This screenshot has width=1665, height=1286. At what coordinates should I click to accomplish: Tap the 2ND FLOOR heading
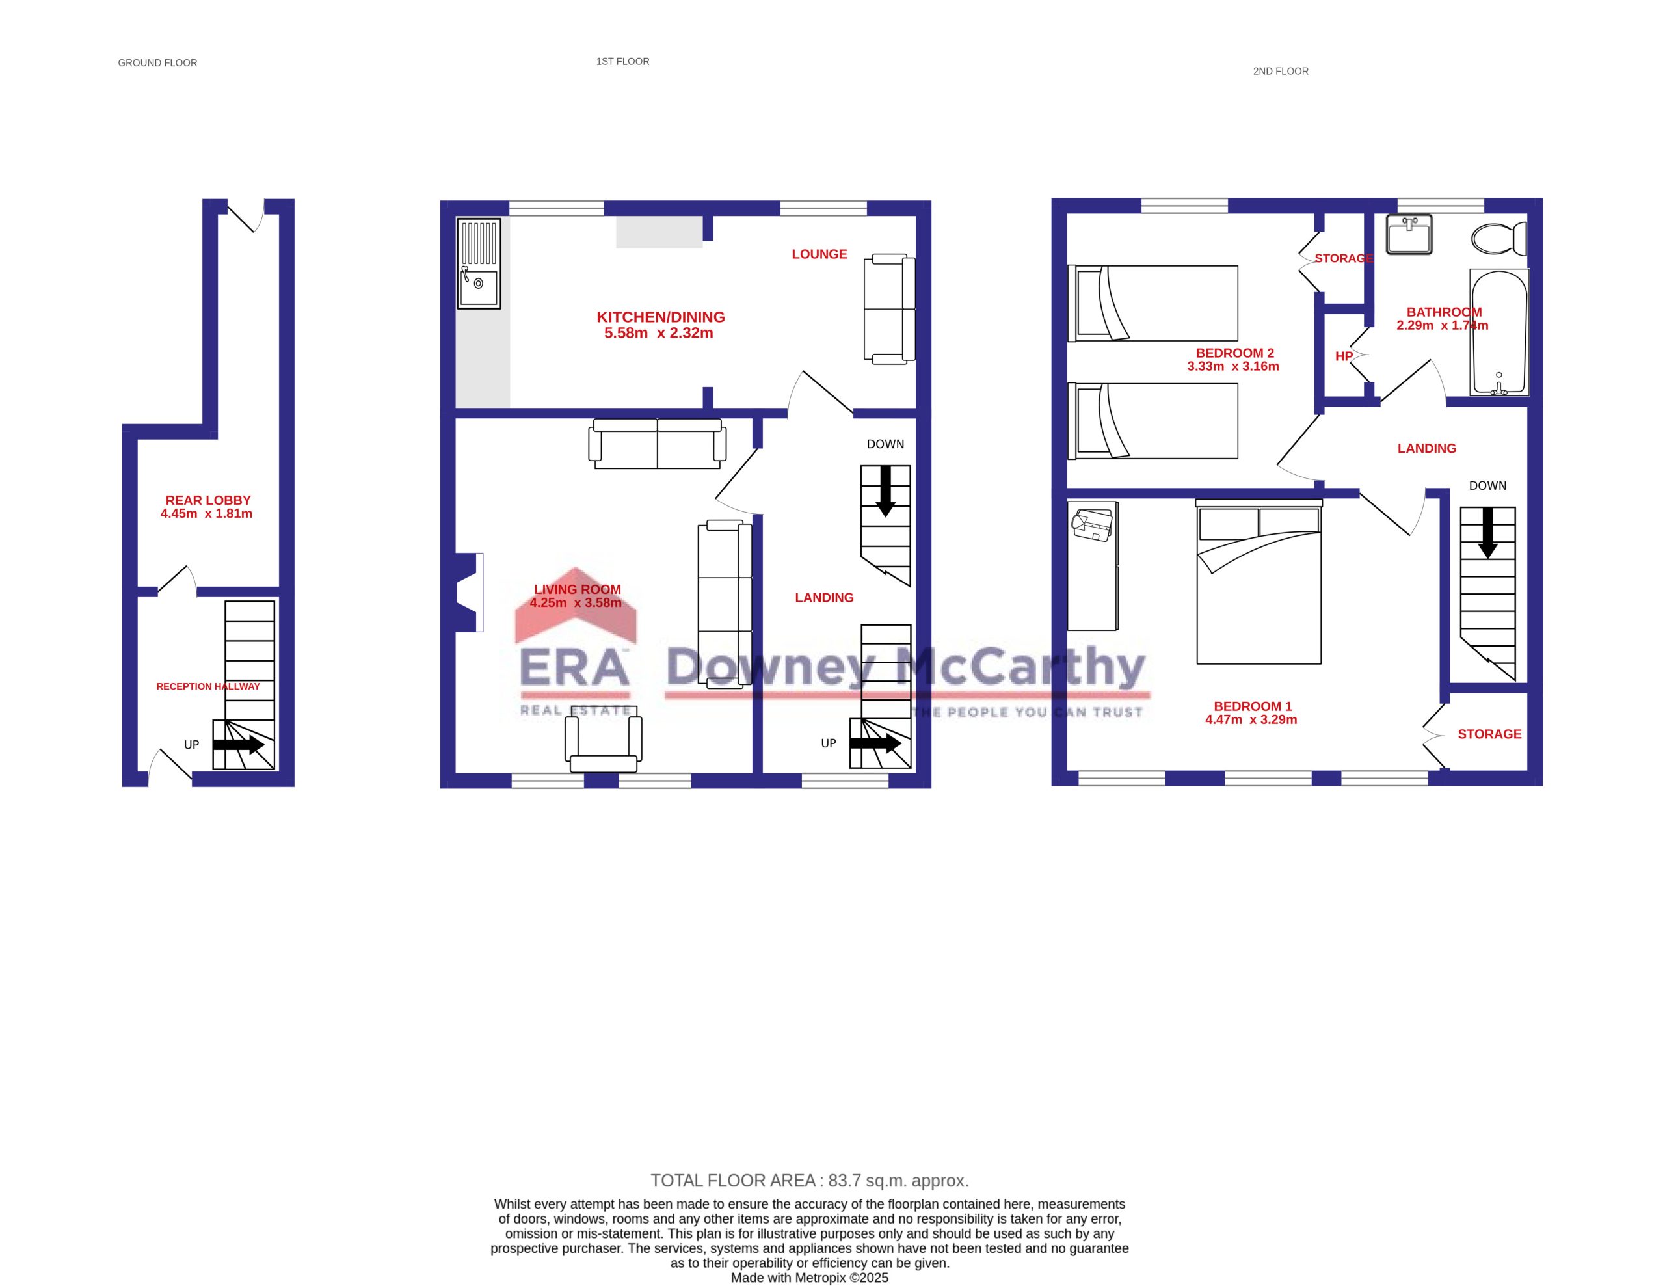pyautogui.click(x=1281, y=71)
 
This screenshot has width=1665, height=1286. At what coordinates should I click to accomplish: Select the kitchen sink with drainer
pyautogui.click(x=479, y=263)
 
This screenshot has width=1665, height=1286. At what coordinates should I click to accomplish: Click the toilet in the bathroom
pyautogui.click(x=1498, y=239)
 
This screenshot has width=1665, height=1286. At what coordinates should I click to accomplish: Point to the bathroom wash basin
pyautogui.click(x=1409, y=234)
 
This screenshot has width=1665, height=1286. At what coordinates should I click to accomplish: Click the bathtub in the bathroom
pyautogui.click(x=1498, y=332)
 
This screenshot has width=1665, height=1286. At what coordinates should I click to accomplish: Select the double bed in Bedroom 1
pyautogui.click(x=1259, y=581)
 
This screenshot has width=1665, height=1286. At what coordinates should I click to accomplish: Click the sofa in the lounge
pyautogui.click(x=889, y=309)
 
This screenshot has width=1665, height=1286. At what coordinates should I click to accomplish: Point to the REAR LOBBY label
pyautogui.click(x=208, y=500)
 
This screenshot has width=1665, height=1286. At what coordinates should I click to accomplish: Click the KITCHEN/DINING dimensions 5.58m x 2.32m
pyautogui.click(x=659, y=333)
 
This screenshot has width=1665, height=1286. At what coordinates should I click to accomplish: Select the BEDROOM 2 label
pyautogui.click(x=1235, y=353)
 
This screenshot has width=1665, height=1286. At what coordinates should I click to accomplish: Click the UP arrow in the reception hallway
pyautogui.click(x=239, y=745)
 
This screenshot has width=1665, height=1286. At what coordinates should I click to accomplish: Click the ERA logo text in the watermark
pyautogui.click(x=575, y=666)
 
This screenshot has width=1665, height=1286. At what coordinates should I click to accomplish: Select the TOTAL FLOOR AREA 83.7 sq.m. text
pyautogui.click(x=810, y=1181)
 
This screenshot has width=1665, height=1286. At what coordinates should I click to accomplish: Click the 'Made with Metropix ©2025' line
pyautogui.click(x=810, y=1278)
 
